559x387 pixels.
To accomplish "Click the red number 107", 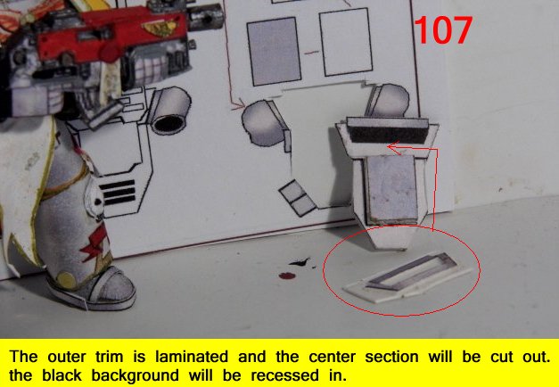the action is [443, 30].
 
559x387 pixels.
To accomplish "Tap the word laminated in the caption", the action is [192, 357].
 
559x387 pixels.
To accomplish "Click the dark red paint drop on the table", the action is [287, 276].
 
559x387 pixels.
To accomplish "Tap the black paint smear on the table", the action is [300, 262].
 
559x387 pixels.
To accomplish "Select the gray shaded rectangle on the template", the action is [274, 51].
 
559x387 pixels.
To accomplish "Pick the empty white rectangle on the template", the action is [345, 42].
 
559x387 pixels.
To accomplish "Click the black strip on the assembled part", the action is [388, 130].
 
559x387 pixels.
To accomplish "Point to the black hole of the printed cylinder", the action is [168, 124].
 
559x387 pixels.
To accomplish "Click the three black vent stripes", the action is [118, 193].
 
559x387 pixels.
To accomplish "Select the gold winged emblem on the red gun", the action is [161, 28].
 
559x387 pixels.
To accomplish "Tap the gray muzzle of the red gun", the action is [206, 16].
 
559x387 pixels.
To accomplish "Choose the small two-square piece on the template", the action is [297, 198].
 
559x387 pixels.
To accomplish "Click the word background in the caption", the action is [136, 375].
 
